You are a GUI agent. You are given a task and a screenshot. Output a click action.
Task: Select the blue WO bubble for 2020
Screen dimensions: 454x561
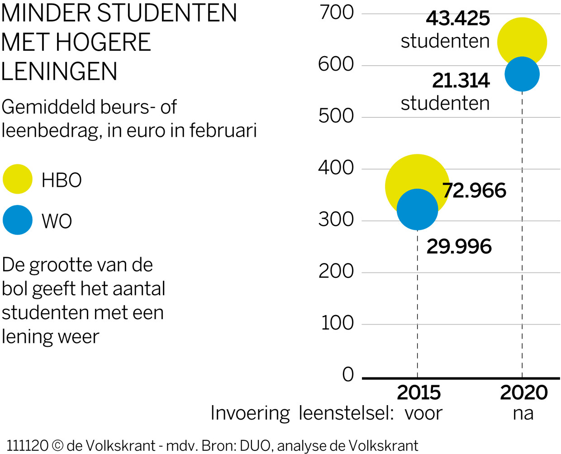pyautogui.click(x=522, y=74)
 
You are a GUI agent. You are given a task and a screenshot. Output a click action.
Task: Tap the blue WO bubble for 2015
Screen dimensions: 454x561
pyautogui.click(x=417, y=210)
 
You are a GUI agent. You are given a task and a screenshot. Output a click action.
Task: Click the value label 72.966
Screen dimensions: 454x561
pyautogui.click(x=474, y=191)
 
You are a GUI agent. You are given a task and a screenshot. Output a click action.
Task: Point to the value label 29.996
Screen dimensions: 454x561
pyautogui.click(x=459, y=247)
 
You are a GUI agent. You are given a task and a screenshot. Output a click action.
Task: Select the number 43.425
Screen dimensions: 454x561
pyautogui.click(x=458, y=19)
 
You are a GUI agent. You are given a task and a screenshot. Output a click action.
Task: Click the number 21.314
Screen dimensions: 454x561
pyautogui.click(x=461, y=81)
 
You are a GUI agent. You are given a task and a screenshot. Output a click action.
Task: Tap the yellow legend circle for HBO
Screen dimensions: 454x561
pyautogui.click(x=18, y=179)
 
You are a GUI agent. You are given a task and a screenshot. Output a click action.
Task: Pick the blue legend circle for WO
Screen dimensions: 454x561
pyautogui.click(x=18, y=220)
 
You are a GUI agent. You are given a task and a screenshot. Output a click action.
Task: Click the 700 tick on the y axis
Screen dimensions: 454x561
pyautogui.click(x=337, y=13)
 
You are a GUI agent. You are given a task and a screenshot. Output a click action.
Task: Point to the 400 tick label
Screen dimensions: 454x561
pyautogui.click(x=336, y=168)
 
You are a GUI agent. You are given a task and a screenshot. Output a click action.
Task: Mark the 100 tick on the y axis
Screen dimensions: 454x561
pyautogui.click(x=337, y=323)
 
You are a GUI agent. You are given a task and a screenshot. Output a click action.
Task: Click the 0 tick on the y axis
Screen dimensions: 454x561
pyautogui.click(x=348, y=375)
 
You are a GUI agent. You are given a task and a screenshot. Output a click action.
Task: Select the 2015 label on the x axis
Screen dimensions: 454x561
pyautogui.click(x=418, y=392)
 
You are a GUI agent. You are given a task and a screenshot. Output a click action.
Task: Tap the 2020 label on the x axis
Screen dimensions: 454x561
pyautogui.click(x=523, y=392)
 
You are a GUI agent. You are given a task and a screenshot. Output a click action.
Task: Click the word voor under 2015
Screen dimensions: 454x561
pyautogui.click(x=423, y=413)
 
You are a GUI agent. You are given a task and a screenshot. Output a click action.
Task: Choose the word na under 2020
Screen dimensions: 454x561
pyautogui.click(x=523, y=413)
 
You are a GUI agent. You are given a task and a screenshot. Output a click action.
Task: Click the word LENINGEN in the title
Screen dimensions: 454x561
pyautogui.click(x=59, y=72)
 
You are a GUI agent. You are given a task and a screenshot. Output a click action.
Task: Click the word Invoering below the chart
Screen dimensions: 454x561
pyautogui.click(x=250, y=413)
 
